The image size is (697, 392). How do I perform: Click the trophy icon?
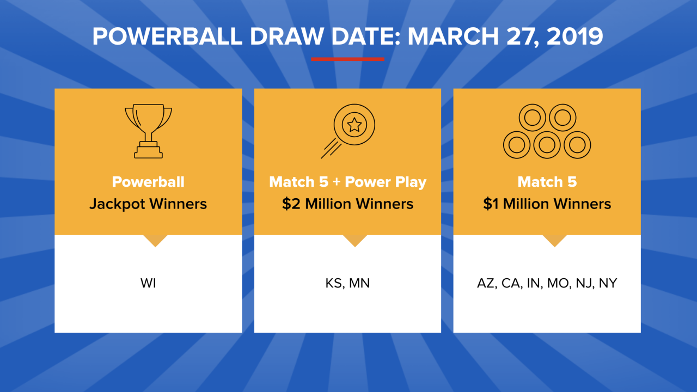(148, 131)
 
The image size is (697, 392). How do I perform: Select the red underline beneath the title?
(347, 59)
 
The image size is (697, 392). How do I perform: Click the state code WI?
(148, 284)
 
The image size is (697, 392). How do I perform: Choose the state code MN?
(359, 284)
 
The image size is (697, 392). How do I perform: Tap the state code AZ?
(486, 284)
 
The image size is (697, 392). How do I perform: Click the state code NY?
(608, 284)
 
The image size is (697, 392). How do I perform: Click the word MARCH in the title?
(450, 36)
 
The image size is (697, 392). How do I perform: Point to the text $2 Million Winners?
(347, 204)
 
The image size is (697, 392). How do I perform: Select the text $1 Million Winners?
(547, 204)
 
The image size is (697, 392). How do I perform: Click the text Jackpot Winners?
(148, 204)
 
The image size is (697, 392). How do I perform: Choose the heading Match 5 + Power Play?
(347, 182)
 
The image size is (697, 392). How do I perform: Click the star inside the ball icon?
(354, 125)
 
